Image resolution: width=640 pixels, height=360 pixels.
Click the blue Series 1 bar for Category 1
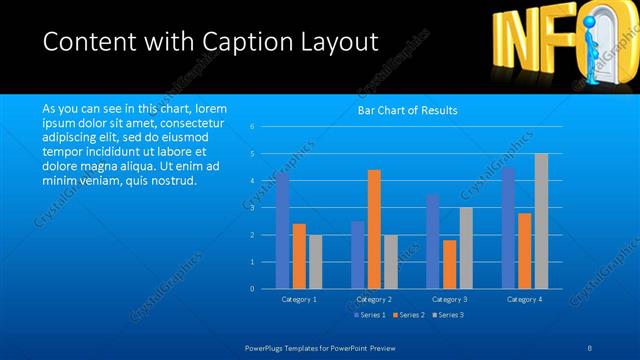[x=283, y=231]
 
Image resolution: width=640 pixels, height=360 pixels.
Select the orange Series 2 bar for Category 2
[x=374, y=229]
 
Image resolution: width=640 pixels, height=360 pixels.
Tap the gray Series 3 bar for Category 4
[x=541, y=221]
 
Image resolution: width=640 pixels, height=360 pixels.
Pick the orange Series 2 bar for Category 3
[x=449, y=264]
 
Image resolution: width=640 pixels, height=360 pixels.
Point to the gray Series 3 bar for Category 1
[x=315, y=262]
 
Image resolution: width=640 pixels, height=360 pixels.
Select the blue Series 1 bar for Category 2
[x=358, y=255]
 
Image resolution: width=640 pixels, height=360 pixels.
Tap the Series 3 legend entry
[x=450, y=315]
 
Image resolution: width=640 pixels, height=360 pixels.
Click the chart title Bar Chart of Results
[x=407, y=111]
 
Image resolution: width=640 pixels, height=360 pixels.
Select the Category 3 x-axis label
[x=449, y=299]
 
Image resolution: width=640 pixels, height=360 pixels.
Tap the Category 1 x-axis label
[x=299, y=299]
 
